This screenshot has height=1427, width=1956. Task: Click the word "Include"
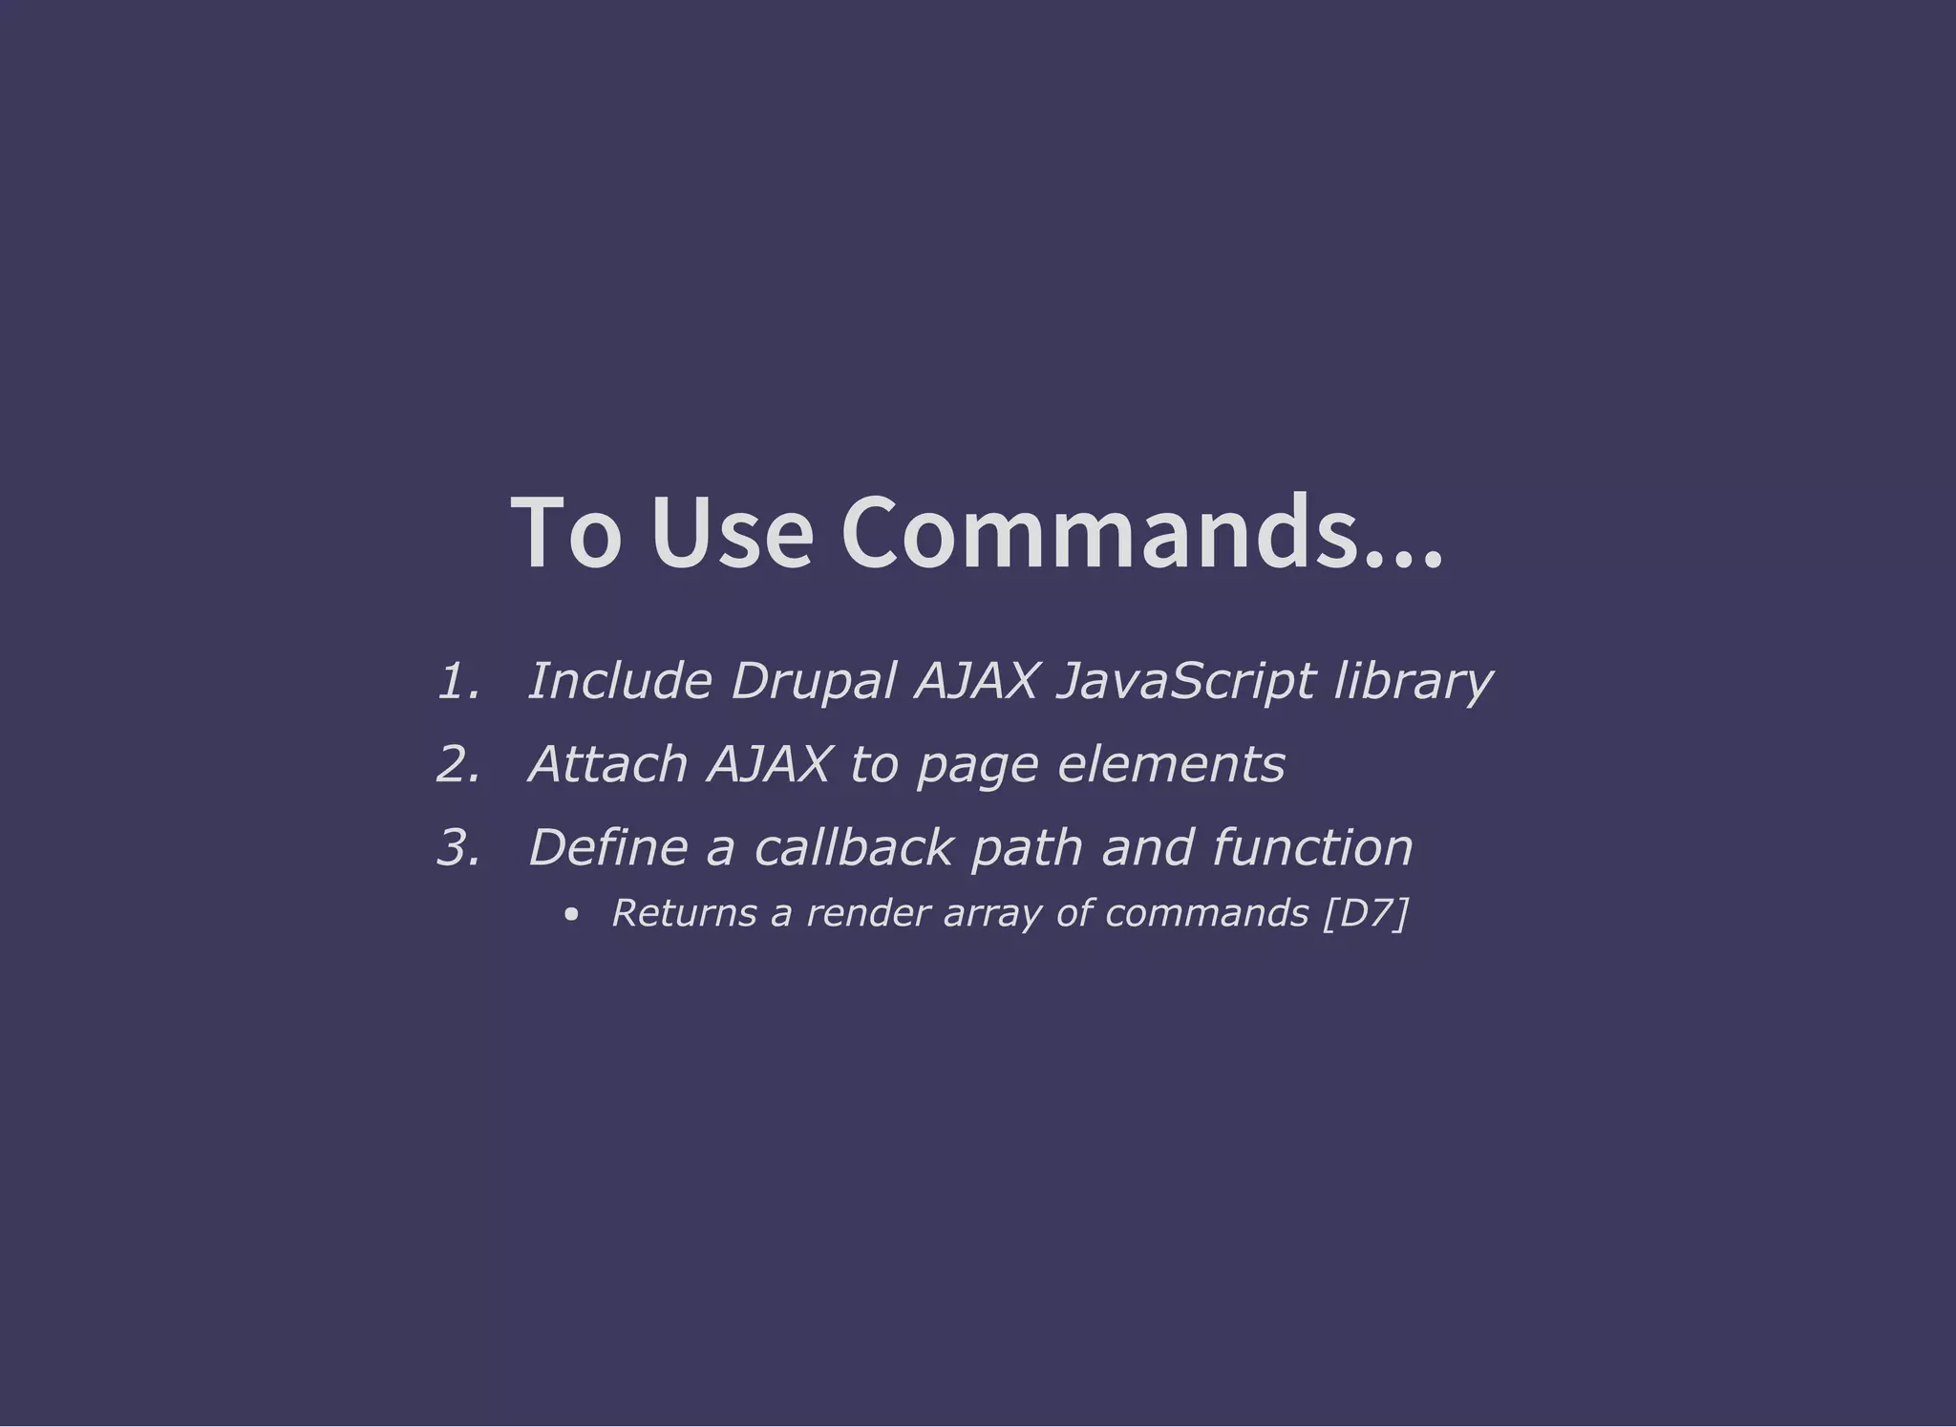point(620,682)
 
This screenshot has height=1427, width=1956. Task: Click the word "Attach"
point(608,765)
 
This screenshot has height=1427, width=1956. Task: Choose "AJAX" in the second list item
point(769,765)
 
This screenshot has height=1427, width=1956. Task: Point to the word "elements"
point(1171,765)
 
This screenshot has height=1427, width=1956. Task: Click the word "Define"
point(608,848)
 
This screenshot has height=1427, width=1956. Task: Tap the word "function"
point(1312,848)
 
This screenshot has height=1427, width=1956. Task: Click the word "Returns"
point(683,914)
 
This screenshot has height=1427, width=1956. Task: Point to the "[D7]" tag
point(1366,914)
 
